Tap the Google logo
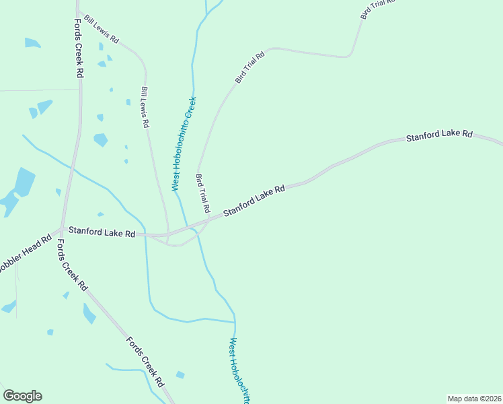22,396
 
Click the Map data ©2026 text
474,399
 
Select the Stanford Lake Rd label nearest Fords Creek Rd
102,232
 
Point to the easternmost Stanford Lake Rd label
439,135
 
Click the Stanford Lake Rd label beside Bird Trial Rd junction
254,201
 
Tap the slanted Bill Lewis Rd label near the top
101,31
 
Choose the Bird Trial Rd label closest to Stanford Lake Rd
203,193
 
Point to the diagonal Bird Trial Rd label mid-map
249,67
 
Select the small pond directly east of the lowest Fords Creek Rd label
180,375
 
